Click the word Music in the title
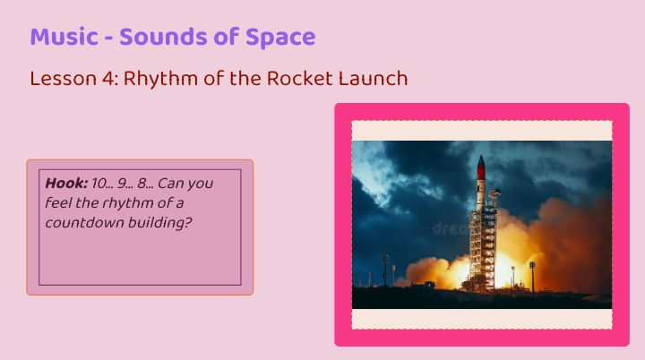point(64,37)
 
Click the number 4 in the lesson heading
point(109,78)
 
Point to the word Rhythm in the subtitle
point(161,78)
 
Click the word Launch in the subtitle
point(373,78)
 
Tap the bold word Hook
point(66,183)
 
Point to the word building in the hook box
point(160,223)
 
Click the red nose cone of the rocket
point(481,167)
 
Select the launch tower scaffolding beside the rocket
point(485,243)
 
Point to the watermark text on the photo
point(479,228)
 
